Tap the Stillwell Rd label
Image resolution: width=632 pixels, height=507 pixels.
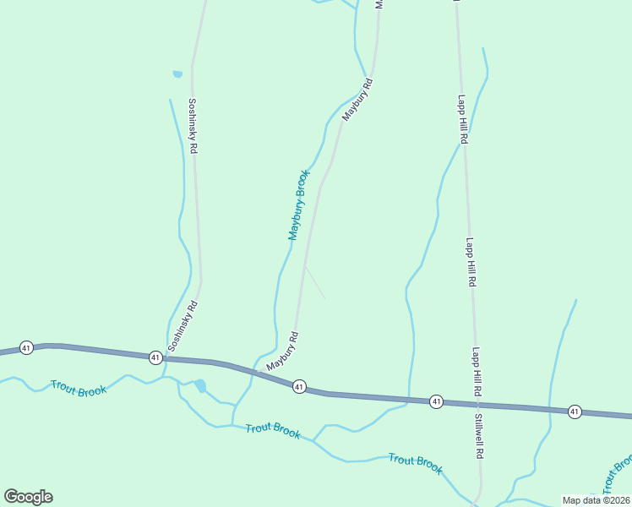[478, 436]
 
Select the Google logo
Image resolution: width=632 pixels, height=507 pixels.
[28, 497]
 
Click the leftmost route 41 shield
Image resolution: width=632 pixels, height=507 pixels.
[27, 347]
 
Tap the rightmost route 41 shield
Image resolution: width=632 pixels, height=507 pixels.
[575, 412]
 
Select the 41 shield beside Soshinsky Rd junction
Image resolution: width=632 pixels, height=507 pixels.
[155, 357]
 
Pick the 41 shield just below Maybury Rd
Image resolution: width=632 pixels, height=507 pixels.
[299, 386]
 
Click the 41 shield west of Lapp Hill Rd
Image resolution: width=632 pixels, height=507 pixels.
[436, 401]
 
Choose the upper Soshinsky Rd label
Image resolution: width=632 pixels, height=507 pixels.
[193, 125]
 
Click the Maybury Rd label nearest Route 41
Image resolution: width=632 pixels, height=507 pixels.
[283, 352]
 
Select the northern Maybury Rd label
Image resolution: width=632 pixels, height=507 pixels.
[357, 100]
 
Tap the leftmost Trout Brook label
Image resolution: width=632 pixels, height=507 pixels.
[79, 389]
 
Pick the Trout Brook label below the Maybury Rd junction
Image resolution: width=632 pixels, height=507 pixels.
[273, 431]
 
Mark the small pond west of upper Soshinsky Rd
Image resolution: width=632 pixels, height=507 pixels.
[177, 74]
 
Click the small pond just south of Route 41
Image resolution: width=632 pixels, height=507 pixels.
[200, 386]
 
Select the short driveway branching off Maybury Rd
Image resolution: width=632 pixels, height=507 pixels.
[314, 283]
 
